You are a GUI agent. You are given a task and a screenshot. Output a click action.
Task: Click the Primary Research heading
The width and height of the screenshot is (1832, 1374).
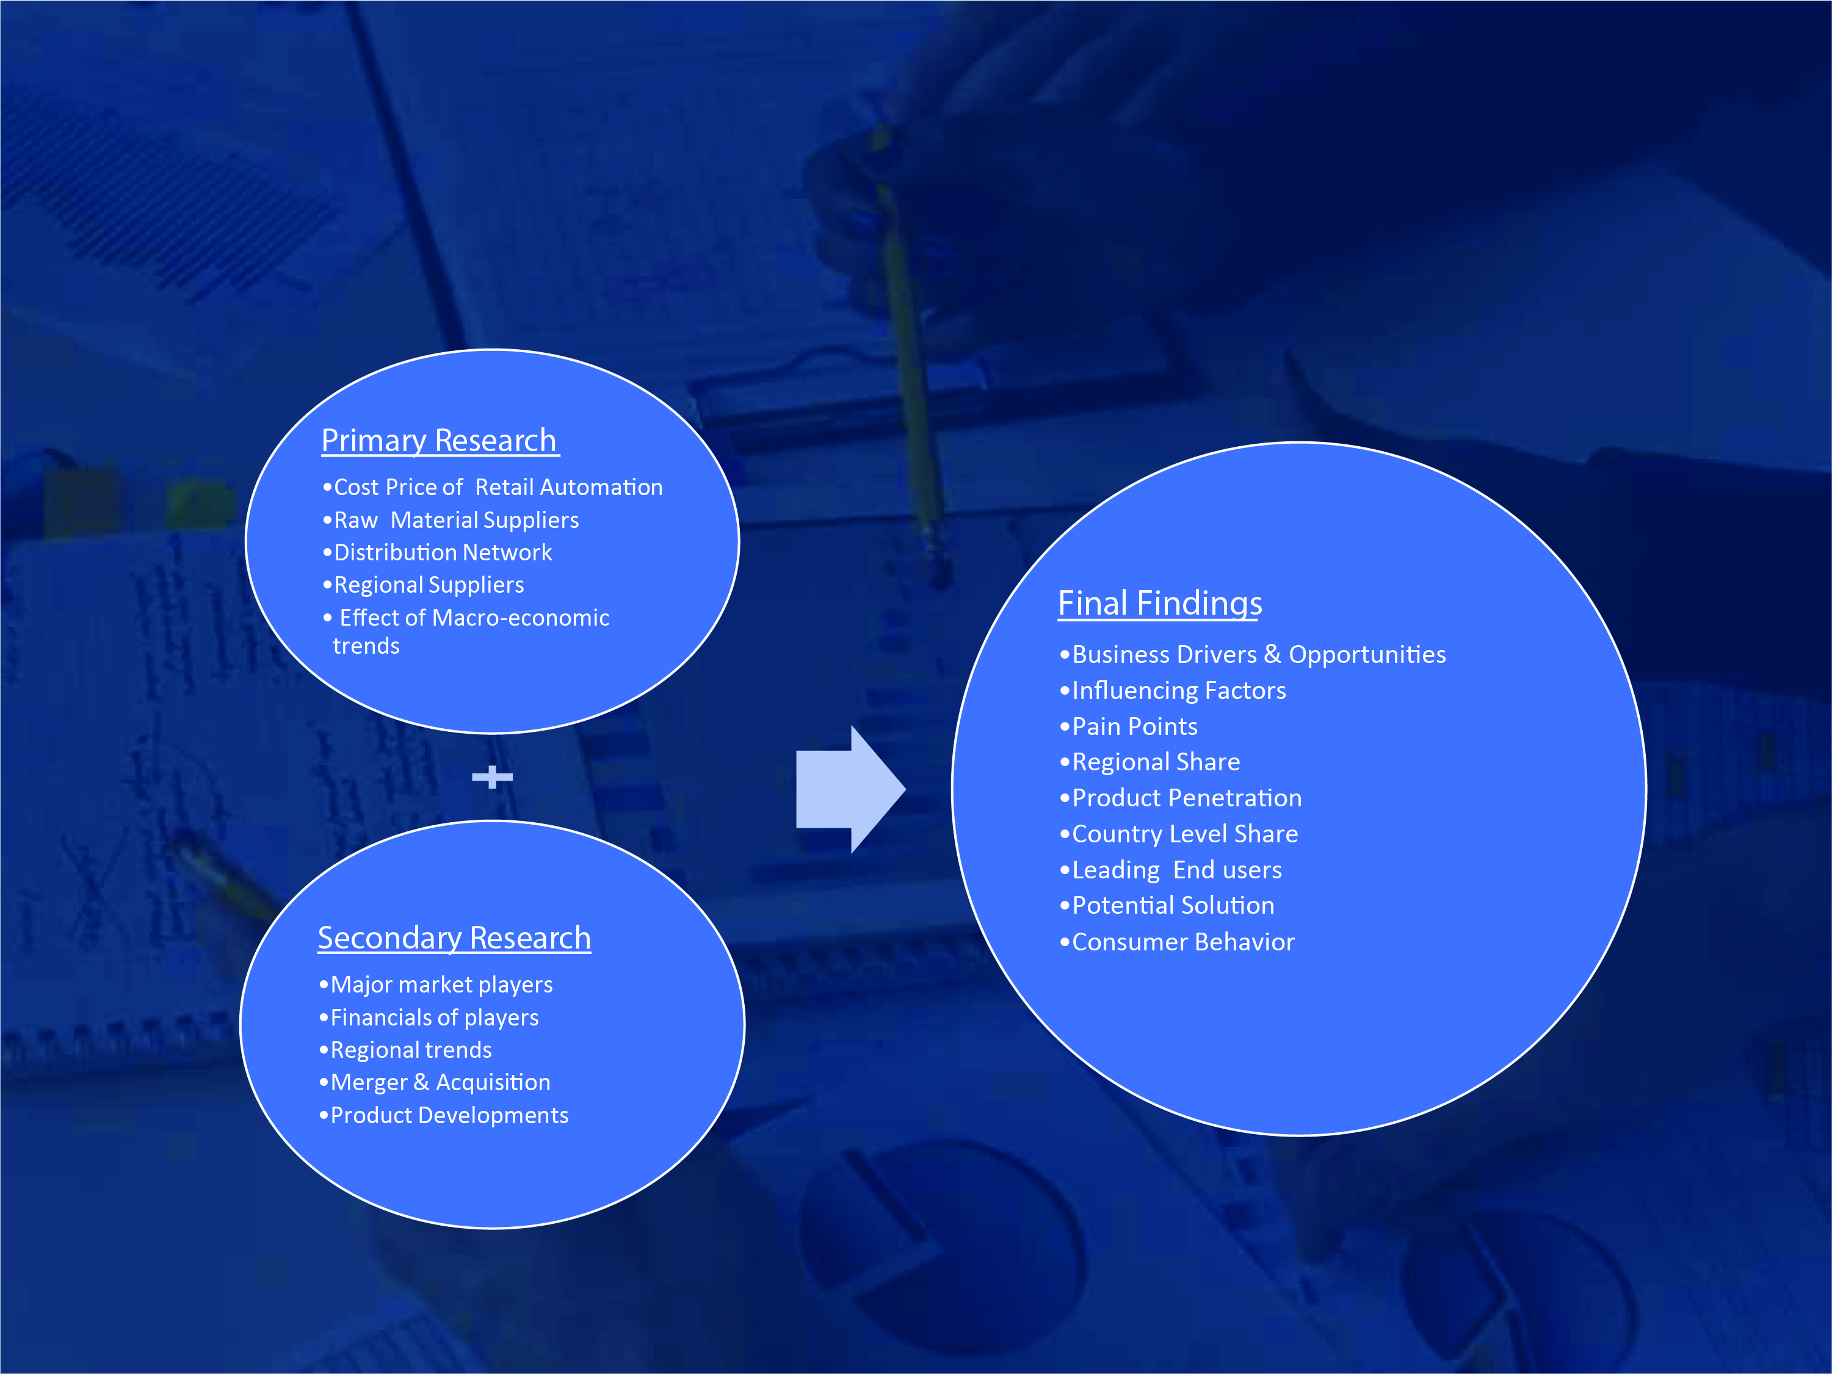pyautogui.click(x=439, y=441)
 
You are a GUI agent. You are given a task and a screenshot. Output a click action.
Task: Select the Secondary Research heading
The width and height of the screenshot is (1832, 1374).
pyautogui.click(x=454, y=938)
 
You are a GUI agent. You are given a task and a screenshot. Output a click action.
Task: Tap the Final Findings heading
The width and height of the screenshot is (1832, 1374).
pyautogui.click(x=1159, y=604)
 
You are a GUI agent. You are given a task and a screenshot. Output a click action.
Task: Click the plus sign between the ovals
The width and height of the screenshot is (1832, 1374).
pyautogui.click(x=492, y=777)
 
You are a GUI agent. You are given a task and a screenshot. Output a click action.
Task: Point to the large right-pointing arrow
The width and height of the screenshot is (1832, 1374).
pyautogui.click(x=850, y=789)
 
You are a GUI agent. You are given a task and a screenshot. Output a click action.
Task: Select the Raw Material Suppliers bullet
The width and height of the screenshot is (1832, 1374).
pyautogui.click(x=451, y=520)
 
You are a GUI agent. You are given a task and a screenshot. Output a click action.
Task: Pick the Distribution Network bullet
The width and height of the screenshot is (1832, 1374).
pyautogui.click(x=436, y=552)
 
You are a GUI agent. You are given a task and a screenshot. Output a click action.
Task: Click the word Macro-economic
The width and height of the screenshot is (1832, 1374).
pyautogui.click(x=520, y=618)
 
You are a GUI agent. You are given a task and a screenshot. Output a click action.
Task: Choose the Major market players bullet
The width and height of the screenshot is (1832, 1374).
pyautogui.click(x=436, y=985)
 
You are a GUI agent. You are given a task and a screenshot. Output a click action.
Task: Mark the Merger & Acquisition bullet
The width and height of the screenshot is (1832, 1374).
pyautogui.click(x=434, y=1082)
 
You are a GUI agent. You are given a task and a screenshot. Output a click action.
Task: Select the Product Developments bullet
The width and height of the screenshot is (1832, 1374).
pyautogui.click(x=443, y=1116)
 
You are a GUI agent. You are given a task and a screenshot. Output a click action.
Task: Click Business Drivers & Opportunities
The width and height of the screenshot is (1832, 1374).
pyautogui.click(x=1252, y=655)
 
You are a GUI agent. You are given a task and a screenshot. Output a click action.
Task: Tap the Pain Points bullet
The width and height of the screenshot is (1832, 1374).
pyautogui.click(x=1128, y=727)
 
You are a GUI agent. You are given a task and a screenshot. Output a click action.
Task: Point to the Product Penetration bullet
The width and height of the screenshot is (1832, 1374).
pyautogui.click(x=1180, y=798)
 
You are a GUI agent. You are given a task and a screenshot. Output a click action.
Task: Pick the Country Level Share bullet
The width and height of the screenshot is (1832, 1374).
pyautogui.click(x=1179, y=834)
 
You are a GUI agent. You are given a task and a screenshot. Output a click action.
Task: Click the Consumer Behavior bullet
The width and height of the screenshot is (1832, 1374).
pyautogui.click(x=1176, y=942)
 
